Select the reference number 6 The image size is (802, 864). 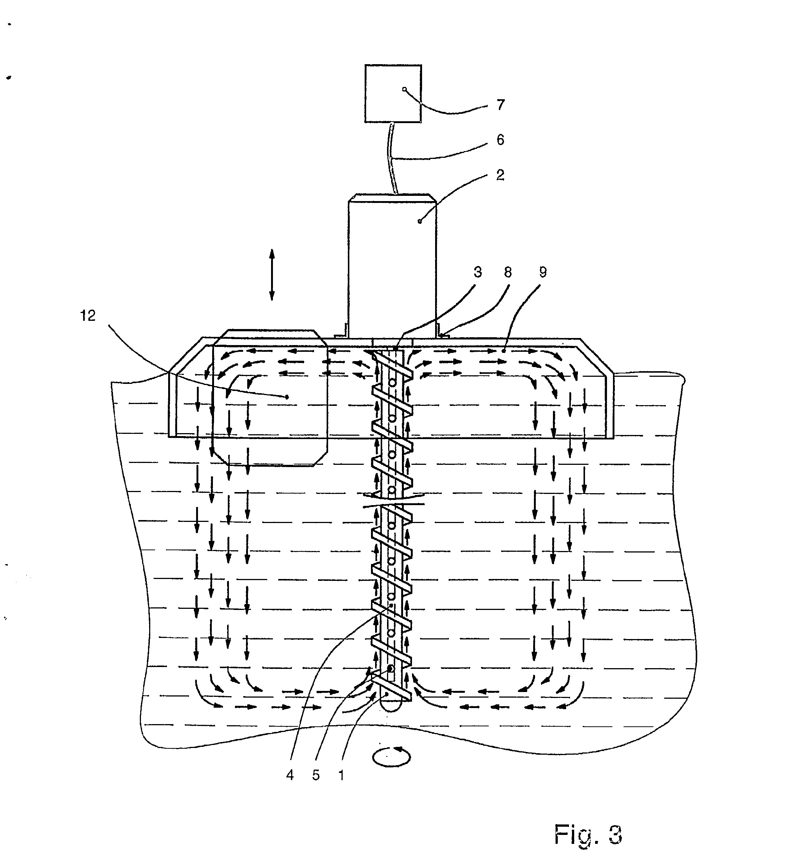tap(500, 140)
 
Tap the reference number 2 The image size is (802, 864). tap(500, 175)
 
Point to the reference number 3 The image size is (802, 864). tap(478, 272)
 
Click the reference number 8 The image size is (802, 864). tap(508, 272)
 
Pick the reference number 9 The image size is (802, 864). tap(542, 272)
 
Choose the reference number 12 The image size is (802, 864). tap(88, 316)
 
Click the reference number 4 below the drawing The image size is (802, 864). tap(290, 775)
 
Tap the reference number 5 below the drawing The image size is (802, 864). tap(316, 775)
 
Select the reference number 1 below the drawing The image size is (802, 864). tap(342, 775)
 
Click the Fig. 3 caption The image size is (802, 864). tap(588, 834)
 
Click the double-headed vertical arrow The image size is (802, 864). tap(272, 275)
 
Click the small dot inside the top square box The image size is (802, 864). tap(405, 89)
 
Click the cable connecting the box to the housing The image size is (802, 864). tap(393, 158)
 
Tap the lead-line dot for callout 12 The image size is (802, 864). tap(286, 397)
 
